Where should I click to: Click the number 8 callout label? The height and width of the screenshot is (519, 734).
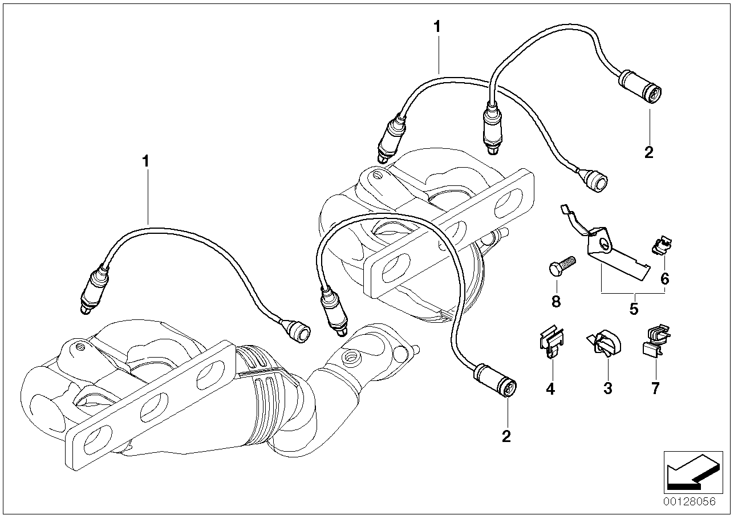[555, 301]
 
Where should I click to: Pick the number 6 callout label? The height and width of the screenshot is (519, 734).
[664, 279]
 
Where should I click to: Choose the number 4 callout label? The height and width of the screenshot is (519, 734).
[550, 389]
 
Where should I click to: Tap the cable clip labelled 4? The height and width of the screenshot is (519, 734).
[550, 342]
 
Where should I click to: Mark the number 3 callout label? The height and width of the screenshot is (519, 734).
[608, 389]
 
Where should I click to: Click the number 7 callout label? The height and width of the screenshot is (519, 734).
[655, 389]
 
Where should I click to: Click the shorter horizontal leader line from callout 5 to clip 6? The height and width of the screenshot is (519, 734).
[649, 293]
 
